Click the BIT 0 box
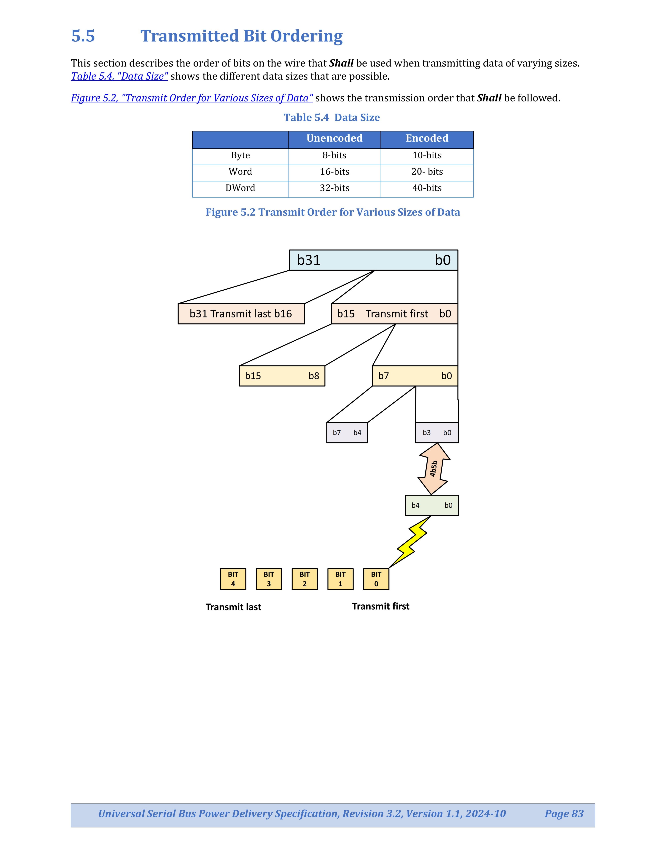click(376, 579)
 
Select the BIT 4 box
click(233, 579)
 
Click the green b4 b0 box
click(432, 505)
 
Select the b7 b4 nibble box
click(347, 433)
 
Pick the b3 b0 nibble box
click(437, 433)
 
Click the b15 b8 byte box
click(282, 376)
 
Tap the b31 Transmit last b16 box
click(241, 314)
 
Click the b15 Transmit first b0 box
click(394, 314)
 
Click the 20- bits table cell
click(427, 172)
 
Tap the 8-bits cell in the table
click(334, 156)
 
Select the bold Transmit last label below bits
click(233, 607)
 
